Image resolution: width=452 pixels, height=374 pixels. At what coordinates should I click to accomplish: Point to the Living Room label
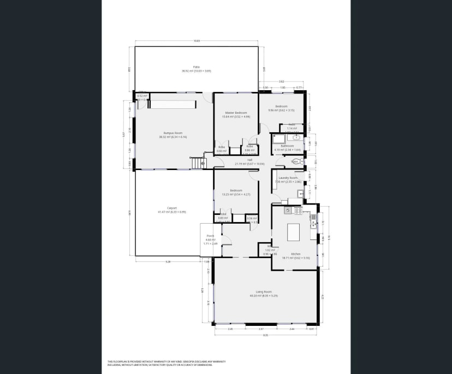(264, 293)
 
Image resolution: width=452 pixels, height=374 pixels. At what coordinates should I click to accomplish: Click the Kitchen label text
(296, 254)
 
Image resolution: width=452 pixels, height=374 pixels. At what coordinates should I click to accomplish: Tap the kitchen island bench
(294, 233)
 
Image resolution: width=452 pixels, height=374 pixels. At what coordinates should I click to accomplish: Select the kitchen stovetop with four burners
(298, 210)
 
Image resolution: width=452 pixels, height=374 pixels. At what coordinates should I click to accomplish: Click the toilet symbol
(296, 161)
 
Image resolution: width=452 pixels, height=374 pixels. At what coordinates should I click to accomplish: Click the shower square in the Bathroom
(276, 138)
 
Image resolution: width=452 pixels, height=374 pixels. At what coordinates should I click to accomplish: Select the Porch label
(210, 238)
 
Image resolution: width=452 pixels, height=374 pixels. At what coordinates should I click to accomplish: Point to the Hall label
(249, 161)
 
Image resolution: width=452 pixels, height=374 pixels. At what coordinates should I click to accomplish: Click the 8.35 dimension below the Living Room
(266, 335)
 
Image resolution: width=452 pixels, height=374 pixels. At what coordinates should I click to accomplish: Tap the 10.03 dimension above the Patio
(196, 41)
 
